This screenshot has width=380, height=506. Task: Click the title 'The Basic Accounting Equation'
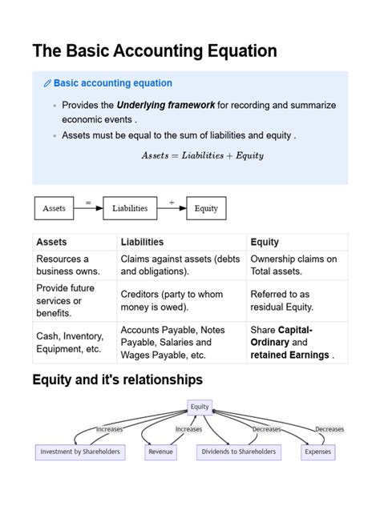tap(155, 51)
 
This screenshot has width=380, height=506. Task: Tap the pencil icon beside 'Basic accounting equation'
tap(47, 83)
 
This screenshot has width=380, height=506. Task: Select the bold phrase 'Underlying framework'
tap(165, 105)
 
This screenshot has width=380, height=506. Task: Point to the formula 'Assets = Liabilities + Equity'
tap(202, 155)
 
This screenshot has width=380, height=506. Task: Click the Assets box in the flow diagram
tap(54, 208)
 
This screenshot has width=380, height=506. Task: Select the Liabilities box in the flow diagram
tap(130, 208)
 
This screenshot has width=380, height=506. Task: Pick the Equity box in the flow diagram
tap(206, 208)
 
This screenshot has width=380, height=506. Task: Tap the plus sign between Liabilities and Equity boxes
tap(172, 202)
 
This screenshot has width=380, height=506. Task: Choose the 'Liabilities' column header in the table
tap(142, 242)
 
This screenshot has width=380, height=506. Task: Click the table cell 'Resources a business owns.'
tap(63, 265)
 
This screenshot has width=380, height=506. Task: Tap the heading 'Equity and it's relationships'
tap(117, 379)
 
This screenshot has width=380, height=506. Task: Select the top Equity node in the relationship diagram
tap(200, 407)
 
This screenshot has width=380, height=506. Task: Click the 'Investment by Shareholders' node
tap(80, 452)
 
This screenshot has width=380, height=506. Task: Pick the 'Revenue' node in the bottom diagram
tap(161, 452)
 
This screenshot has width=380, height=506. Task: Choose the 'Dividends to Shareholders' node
tap(238, 452)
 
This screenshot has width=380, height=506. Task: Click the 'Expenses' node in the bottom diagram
tap(317, 452)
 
